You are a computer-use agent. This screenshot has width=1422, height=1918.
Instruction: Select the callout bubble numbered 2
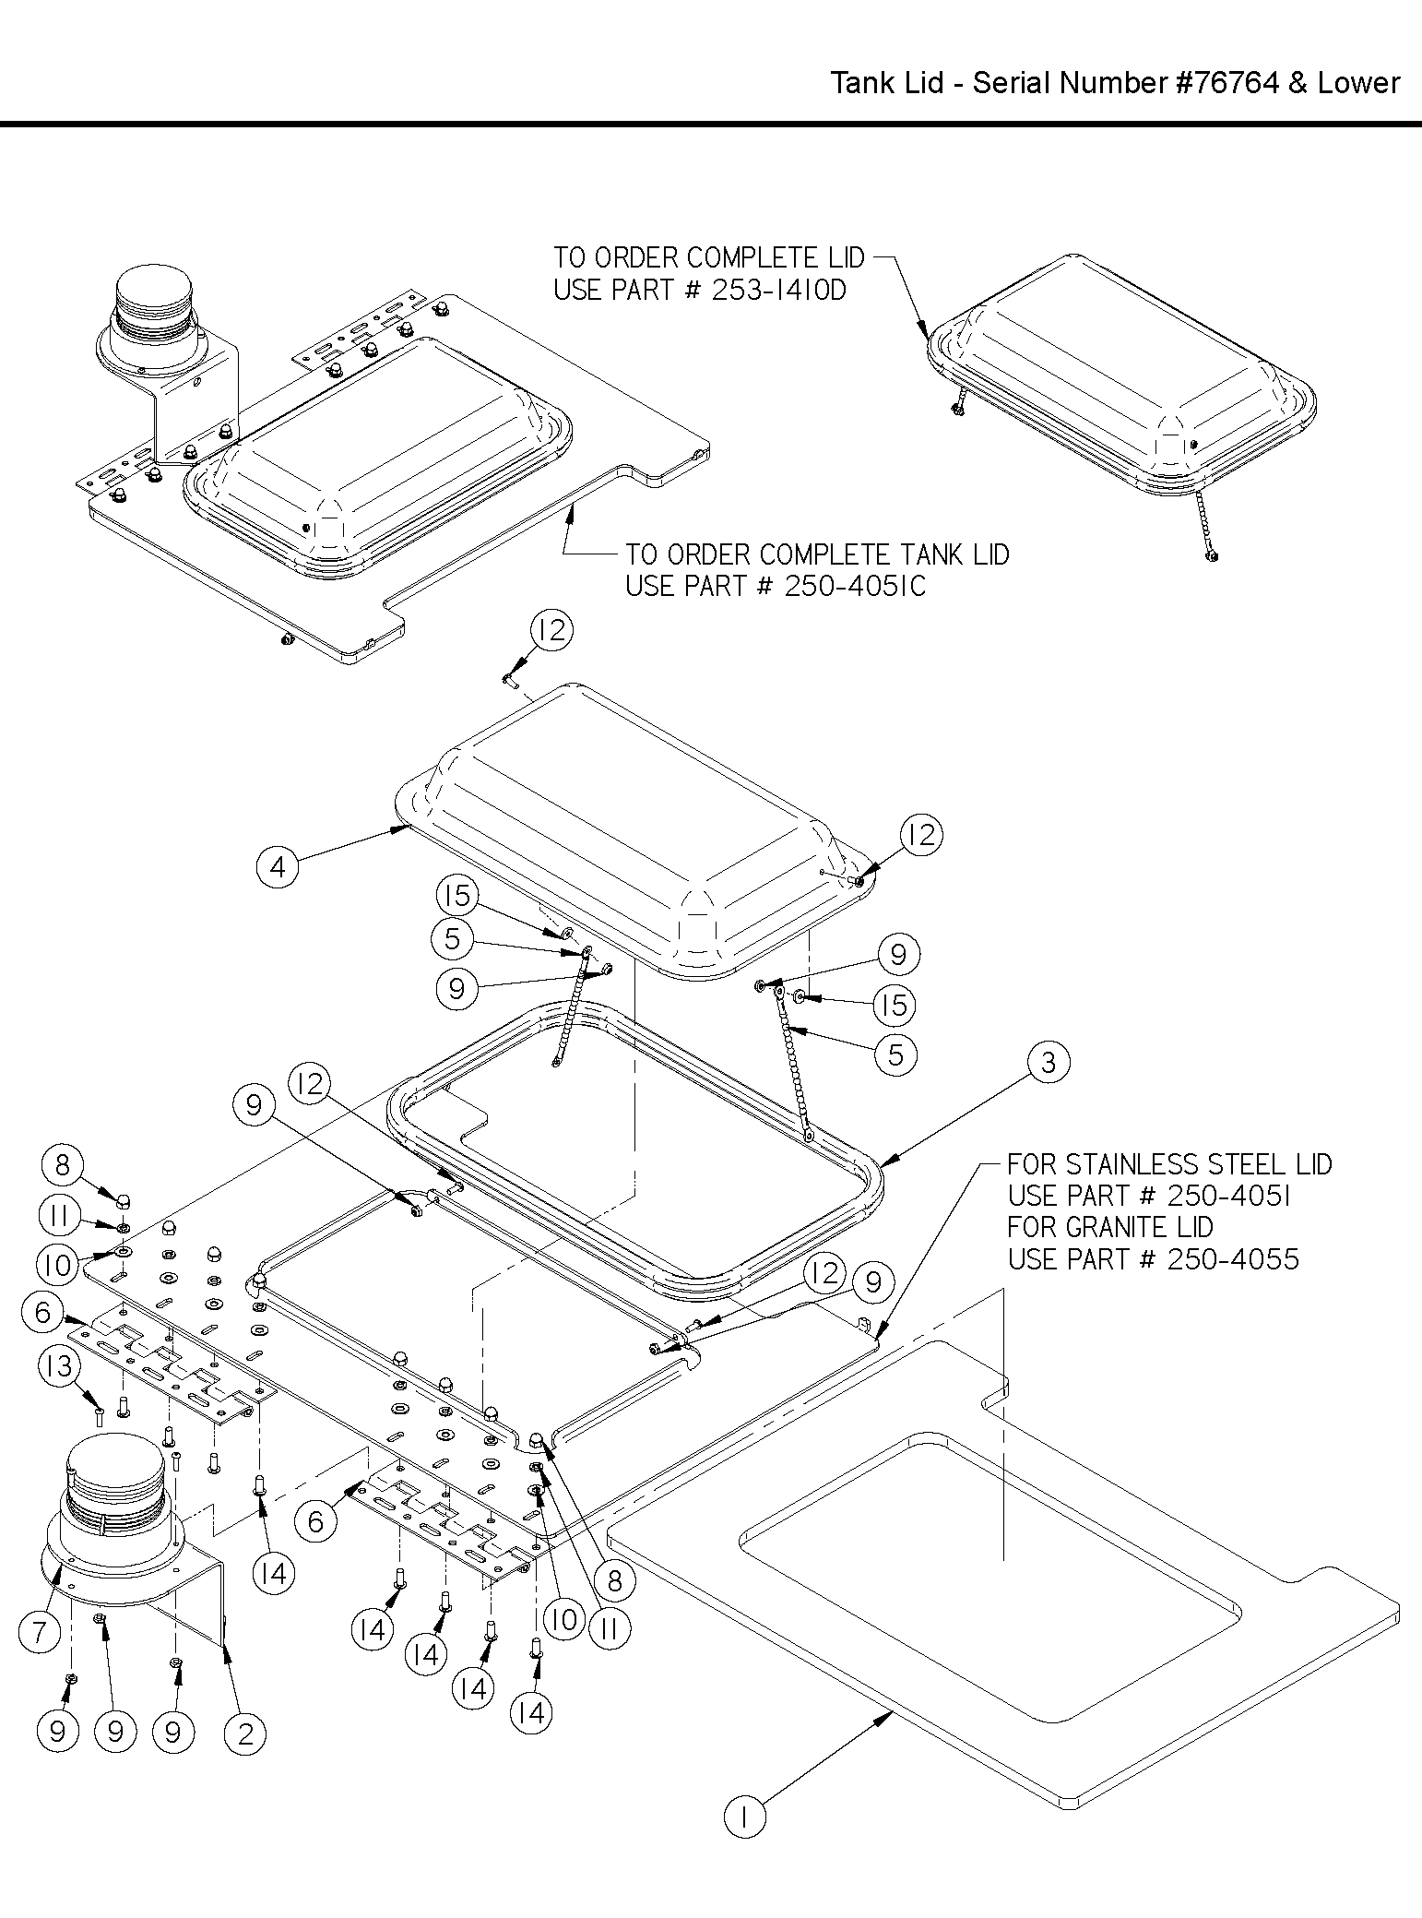coord(245,1733)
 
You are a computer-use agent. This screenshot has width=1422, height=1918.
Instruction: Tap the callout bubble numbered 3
coord(1048,1063)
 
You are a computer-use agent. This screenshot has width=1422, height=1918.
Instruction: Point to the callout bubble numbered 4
coord(278,866)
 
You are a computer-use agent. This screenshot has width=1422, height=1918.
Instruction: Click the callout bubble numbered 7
coord(39,1632)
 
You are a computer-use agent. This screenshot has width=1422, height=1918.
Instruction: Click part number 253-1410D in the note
coord(779,291)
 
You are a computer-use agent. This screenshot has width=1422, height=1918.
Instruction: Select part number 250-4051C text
coord(855,586)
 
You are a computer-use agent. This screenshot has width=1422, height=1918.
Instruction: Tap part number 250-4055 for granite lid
coord(1232,1258)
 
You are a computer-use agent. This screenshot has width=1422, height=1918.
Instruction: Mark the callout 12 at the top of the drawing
coord(551,631)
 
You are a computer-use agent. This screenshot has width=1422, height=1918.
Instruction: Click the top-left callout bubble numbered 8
coord(62,1164)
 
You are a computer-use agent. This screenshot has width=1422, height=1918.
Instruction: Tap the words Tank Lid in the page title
coord(887,83)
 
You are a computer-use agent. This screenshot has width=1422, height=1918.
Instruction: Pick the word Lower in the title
coord(1358,83)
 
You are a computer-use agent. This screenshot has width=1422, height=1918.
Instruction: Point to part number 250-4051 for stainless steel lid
coord(1228,1196)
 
